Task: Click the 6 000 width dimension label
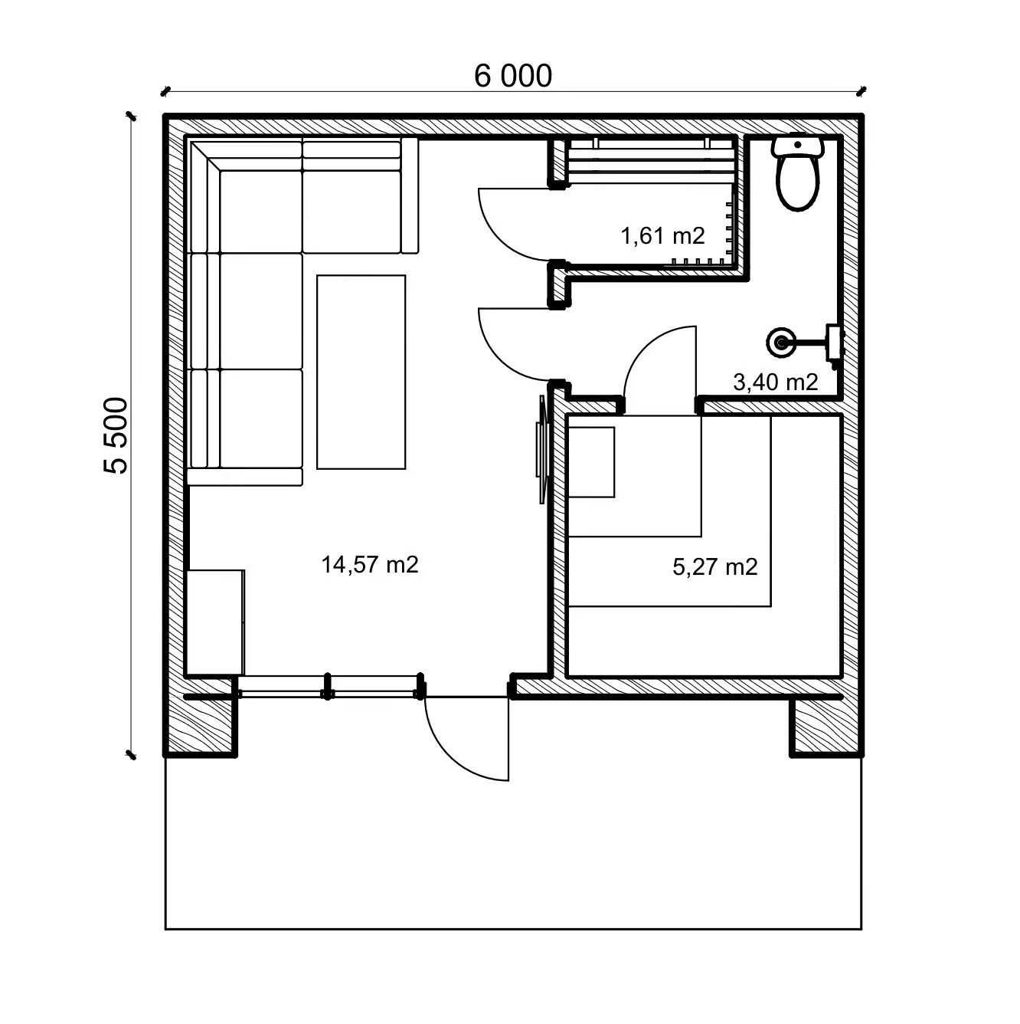coord(512,76)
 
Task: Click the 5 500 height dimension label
coord(116,435)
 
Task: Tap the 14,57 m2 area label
coord(370,564)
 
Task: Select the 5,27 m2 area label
coord(714,567)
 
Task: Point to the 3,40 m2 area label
coord(775,382)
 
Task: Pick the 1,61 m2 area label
coord(662,235)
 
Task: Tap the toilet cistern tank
coord(798,145)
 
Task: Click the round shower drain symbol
coord(782,343)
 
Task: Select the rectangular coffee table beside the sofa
coord(361,372)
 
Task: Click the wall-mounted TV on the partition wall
coord(541,449)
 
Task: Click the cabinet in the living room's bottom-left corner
coord(216,622)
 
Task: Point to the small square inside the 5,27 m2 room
coord(591,462)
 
